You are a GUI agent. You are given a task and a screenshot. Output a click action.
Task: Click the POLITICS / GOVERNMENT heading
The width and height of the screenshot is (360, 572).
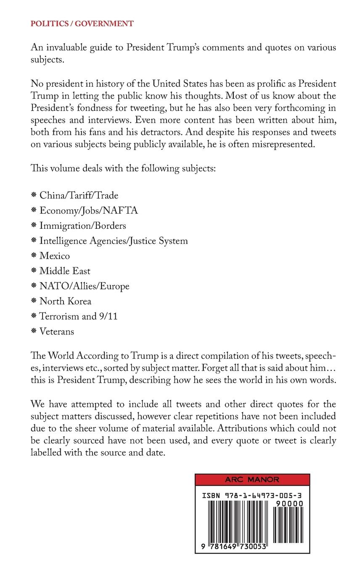point(82,24)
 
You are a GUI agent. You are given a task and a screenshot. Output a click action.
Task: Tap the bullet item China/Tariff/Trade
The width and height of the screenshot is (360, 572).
point(79,196)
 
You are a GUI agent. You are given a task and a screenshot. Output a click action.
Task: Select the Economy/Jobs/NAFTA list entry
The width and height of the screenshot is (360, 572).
point(88,211)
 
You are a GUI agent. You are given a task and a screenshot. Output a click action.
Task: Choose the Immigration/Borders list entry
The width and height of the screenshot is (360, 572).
point(82,226)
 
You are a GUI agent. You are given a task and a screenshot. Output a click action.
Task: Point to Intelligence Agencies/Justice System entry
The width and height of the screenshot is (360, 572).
point(114,241)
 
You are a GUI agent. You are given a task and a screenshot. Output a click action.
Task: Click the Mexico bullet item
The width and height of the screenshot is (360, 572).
point(55,256)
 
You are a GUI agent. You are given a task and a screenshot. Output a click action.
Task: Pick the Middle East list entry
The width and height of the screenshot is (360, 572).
point(65,271)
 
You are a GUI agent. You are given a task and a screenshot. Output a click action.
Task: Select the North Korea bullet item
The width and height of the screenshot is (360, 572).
point(65,302)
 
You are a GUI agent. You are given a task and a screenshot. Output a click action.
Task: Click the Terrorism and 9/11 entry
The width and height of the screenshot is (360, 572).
point(78,317)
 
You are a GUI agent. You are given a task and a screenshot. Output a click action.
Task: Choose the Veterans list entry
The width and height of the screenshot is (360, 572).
point(56,332)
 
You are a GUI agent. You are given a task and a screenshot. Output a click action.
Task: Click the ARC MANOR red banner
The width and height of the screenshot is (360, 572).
point(252,480)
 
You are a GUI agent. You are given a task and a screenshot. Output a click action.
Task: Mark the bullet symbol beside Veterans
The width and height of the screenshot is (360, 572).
point(34,332)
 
